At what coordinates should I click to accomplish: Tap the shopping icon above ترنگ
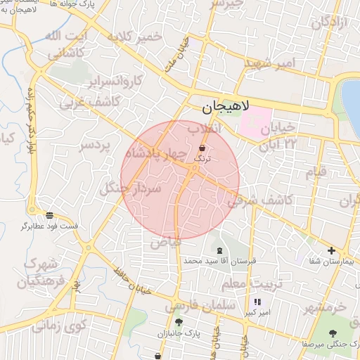[x=203, y=148]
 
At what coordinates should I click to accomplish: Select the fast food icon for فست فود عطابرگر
[x=49, y=215]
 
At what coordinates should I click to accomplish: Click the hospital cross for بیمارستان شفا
[x=331, y=250]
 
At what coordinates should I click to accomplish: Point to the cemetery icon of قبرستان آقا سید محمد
[x=220, y=251]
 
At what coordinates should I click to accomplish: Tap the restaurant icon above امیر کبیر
[x=247, y=302]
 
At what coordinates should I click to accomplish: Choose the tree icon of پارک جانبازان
[x=179, y=322]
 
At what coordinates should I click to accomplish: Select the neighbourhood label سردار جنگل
[x=131, y=188]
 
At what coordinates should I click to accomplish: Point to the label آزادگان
[x=329, y=23]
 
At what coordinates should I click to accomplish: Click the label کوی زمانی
[x=59, y=327]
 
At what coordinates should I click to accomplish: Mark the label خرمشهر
[x=328, y=307]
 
